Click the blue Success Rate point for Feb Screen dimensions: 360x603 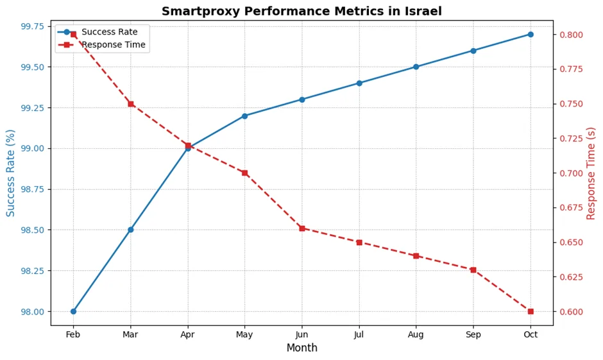click(73, 311)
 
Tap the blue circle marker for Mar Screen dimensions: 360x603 click(130, 230)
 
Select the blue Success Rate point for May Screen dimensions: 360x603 click(244, 116)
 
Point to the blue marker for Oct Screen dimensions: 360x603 click(531, 35)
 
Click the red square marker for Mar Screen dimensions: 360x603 click(130, 104)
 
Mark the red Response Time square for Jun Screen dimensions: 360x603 click(301, 228)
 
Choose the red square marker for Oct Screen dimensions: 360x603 click(531, 311)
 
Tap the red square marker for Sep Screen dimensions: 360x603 click(473, 270)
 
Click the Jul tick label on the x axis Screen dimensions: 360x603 click(359, 334)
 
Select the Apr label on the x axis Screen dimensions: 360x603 click(187, 334)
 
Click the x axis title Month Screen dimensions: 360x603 click(301, 348)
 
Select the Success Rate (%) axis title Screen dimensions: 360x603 click(11, 173)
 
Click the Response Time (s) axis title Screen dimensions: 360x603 click(591, 173)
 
